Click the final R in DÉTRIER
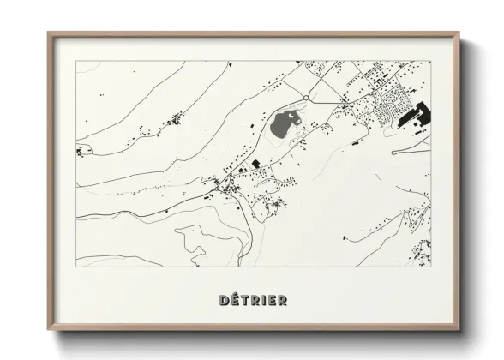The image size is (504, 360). point(282,300)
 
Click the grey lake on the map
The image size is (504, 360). point(283,127)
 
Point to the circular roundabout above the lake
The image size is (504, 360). point(305,99)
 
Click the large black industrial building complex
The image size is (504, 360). point(418,115)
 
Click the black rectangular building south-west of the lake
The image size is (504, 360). point(255,163)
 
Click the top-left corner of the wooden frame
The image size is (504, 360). point(50,35)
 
